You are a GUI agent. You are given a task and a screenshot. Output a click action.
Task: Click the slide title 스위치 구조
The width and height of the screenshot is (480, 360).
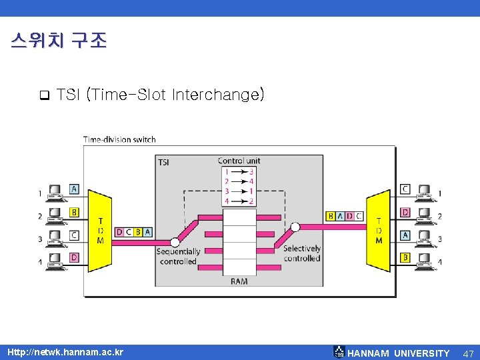[59, 41]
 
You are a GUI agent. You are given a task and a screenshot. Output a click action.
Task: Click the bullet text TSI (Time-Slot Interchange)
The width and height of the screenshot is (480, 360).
[161, 95]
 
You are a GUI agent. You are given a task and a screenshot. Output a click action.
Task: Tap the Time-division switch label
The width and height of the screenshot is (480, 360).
[119, 139]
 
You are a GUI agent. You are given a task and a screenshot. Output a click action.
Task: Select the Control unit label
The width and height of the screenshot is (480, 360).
[239, 161]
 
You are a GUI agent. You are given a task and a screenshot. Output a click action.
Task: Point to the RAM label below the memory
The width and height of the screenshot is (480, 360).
[239, 281]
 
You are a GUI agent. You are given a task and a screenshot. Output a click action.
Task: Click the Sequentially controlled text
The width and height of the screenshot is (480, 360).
[178, 257]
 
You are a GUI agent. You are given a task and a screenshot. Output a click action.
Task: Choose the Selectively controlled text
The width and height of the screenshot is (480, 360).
[302, 253]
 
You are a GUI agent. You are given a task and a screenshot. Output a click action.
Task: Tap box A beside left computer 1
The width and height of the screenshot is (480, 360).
[74, 189]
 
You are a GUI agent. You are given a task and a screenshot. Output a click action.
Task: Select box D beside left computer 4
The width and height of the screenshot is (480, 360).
[74, 257]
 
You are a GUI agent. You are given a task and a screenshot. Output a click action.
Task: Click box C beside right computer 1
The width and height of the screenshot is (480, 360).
[405, 189]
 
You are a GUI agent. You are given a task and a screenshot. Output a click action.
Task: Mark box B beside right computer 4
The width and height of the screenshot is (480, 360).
[405, 257]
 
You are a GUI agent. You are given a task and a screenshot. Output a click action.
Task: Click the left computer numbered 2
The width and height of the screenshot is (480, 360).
[56, 215]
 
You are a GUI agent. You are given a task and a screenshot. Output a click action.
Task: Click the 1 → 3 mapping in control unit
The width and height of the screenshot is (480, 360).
[239, 171]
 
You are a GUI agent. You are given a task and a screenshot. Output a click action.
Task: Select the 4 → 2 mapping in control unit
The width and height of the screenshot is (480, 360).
[239, 201]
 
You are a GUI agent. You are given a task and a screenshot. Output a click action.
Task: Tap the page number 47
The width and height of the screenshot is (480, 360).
[469, 353]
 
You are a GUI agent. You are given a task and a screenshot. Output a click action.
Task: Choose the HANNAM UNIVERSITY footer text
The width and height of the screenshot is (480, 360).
[399, 353]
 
